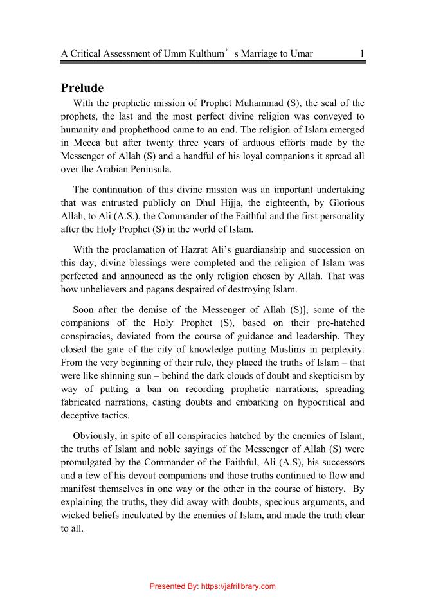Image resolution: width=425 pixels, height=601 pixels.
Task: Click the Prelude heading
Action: [82, 88]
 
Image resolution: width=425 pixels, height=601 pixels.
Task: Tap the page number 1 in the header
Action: [363, 53]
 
